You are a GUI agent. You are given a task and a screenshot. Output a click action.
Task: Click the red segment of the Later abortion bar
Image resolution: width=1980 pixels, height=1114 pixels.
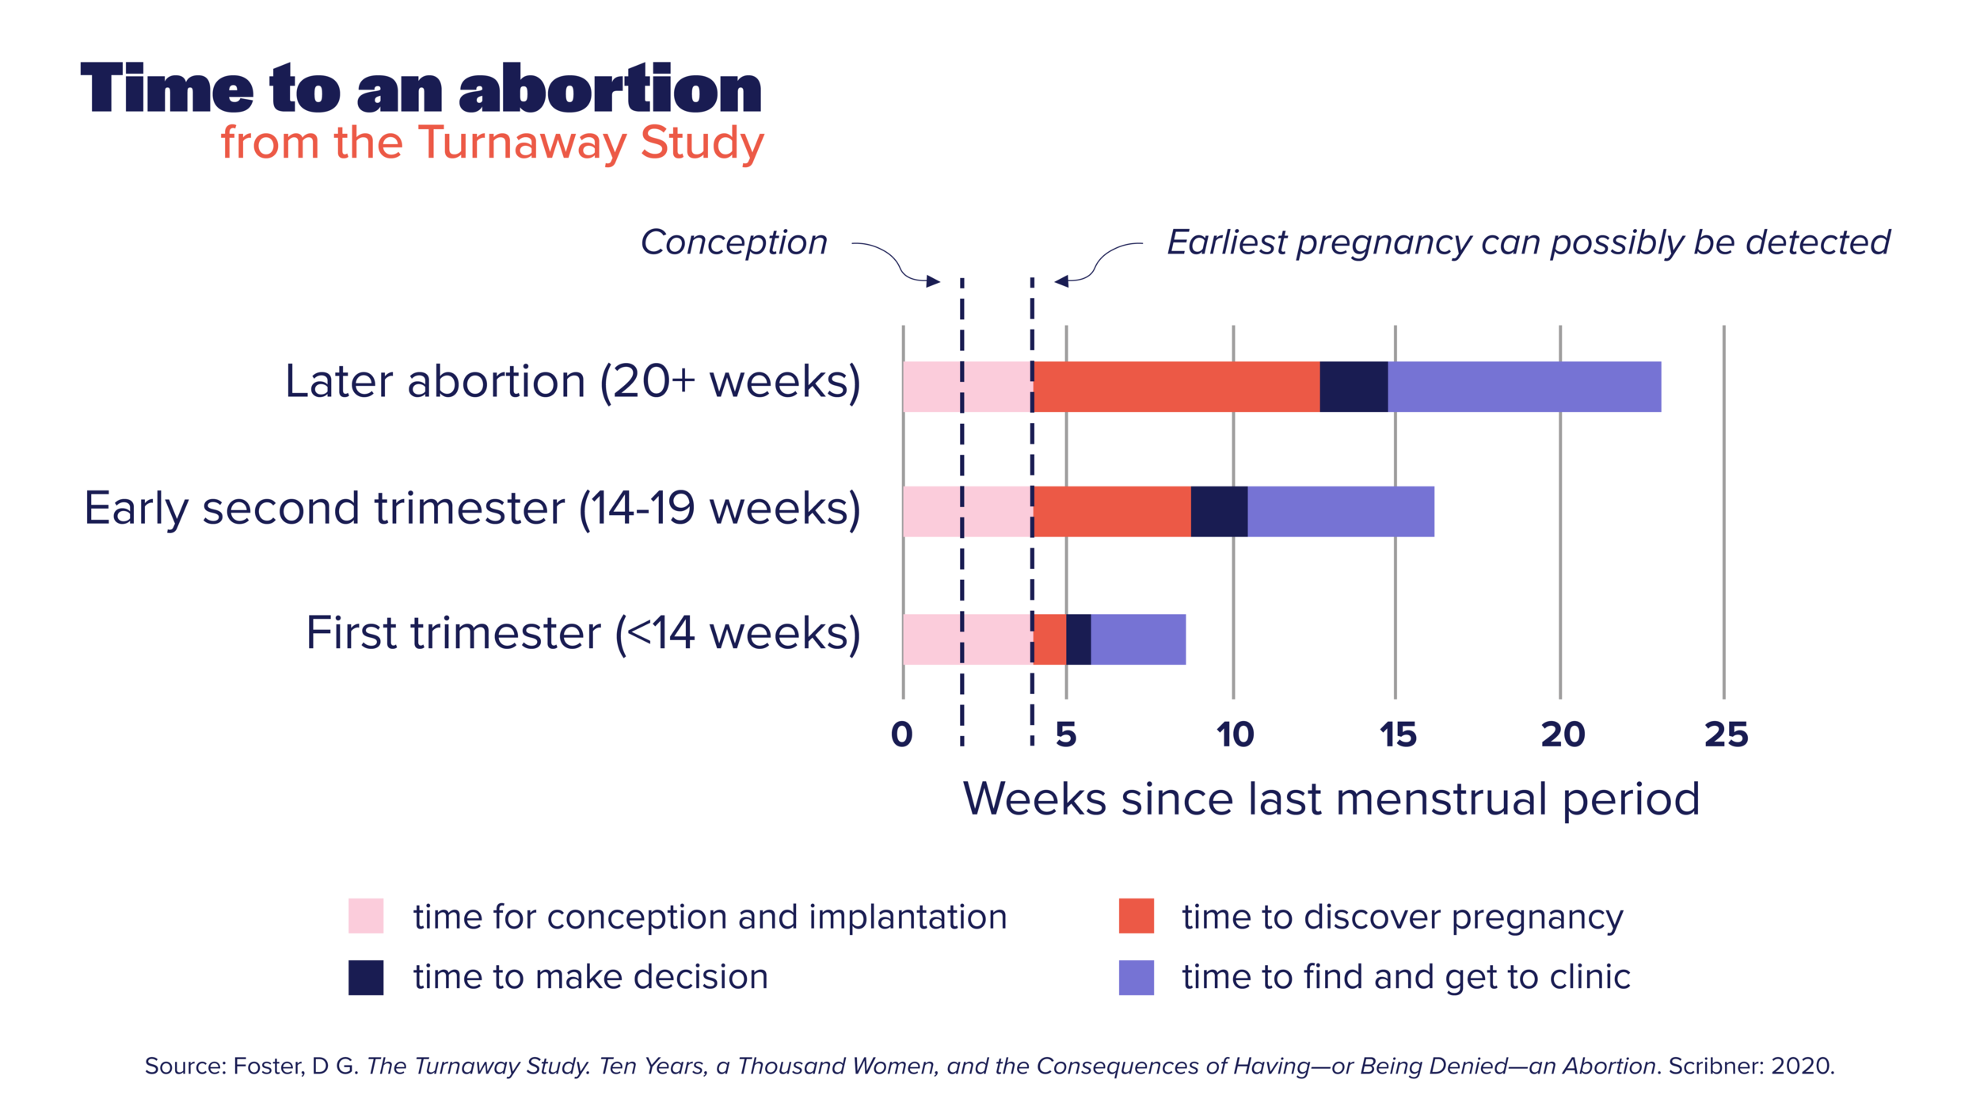click(x=1176, y=387)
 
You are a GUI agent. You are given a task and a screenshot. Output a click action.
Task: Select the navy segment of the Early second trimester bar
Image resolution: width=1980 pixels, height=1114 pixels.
click(x=1219, y=512)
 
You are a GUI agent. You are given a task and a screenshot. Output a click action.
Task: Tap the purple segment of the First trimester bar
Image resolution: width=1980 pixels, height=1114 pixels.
click(x=1138, y=639)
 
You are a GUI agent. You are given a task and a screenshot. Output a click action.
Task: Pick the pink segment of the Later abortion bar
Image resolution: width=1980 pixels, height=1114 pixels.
click(x=967, y=387)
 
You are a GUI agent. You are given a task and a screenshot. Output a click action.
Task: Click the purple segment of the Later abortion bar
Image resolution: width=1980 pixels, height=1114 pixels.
click(x=1524, y=387)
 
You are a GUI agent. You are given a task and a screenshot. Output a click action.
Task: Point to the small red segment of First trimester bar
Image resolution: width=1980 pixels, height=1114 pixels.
click(x=1050, y=639)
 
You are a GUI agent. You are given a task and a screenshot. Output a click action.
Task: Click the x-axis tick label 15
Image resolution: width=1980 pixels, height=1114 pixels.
click(x=1397, y=734)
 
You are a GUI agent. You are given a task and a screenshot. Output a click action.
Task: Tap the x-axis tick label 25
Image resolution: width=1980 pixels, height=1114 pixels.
click(x=1726, y=734)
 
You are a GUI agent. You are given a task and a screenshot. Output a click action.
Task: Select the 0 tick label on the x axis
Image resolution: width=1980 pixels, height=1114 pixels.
click(x=901, y=734)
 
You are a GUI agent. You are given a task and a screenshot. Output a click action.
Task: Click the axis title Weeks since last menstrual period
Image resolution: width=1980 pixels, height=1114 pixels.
click(x=1331, y=799)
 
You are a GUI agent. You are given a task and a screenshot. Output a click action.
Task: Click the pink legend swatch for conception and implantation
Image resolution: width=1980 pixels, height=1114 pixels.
click(x=366, y=916)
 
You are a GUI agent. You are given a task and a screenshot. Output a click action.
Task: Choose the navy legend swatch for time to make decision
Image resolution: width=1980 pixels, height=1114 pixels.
click(x=366, y=977)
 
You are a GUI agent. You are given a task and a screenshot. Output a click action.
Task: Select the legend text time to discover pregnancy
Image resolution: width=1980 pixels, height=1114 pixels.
click(x=1403, y=917)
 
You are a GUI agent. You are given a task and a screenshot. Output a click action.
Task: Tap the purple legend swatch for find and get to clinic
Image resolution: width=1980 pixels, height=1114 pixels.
click(x=1136, y=977)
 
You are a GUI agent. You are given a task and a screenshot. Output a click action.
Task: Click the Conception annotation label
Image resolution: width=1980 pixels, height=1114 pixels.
click(x=733, y=242)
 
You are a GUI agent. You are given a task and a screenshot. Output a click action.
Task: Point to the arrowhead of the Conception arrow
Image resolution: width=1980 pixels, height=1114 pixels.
click(x=934, y=281)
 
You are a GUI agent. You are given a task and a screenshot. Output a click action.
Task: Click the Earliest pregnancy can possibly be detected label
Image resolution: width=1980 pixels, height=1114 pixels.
click(x=1528, y=242)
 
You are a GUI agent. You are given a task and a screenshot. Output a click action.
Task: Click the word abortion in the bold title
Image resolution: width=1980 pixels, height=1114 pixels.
click(x=610, y=89)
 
